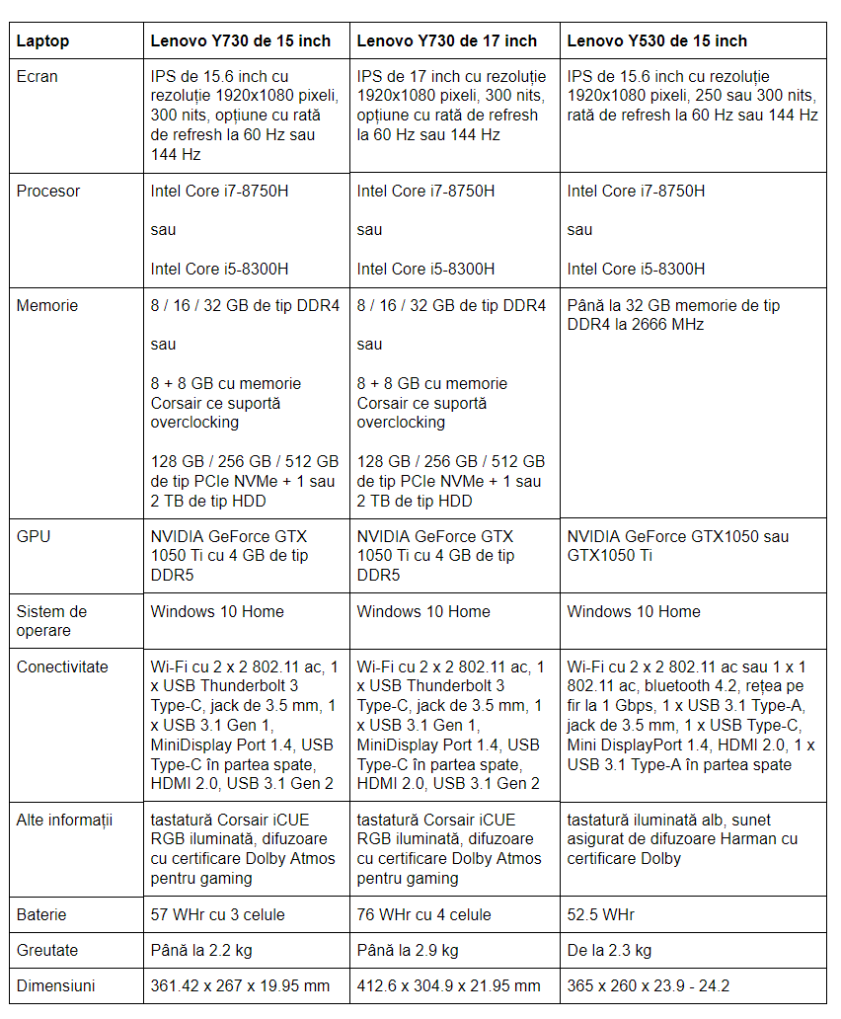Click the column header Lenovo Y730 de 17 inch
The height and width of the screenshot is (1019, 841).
446,41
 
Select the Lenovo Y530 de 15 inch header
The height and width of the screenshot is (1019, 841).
656,41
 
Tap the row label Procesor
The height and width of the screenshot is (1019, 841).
48,192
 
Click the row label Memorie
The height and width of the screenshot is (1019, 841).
46,306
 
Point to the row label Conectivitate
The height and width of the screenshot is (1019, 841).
62,667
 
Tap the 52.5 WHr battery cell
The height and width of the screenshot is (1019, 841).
601,915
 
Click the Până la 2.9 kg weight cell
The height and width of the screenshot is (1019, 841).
408,951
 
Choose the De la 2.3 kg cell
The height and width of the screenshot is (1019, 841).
609,951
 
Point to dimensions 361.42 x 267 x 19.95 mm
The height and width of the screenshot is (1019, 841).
241,986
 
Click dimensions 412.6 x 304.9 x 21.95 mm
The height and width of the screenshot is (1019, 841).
449,986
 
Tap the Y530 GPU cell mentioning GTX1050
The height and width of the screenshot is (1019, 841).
678,546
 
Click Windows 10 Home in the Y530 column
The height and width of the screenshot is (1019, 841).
634,612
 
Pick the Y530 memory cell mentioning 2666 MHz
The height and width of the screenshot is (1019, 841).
673,315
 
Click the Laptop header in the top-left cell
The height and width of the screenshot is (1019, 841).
43,41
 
